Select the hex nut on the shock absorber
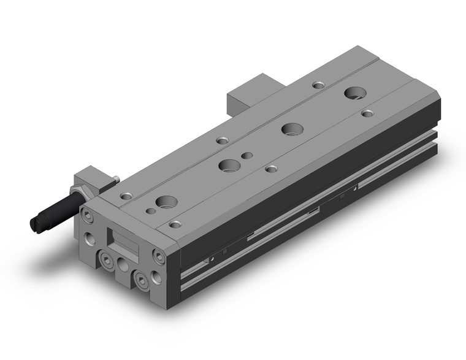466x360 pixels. click(x=79, y=196)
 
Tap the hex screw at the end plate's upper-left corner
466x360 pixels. click(x=89, y=216)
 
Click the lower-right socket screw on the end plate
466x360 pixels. click(x=143, y=281)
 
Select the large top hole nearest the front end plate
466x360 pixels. click(x=165, y=202)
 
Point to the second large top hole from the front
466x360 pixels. click(x=229, y=165)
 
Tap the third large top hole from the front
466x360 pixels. click(x=289, y=129)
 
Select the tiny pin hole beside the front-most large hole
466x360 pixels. click(x=151, y=211)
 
